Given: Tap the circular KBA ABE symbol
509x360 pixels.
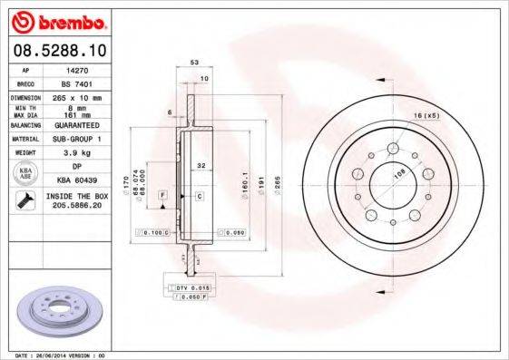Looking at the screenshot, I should coord(26,173).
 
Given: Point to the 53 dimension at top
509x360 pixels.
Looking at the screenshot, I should coord(193,63).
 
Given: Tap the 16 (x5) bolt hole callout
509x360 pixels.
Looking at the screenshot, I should coord(426,117).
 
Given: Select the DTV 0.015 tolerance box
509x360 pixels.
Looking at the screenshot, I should coord(192,287).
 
